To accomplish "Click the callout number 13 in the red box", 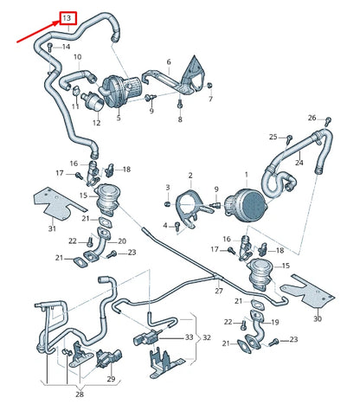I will click(67, 17).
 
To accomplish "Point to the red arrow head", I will click(55, 22).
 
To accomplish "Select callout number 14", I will click(67, 48).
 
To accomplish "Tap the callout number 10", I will click(78, 58).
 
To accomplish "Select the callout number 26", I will click(312, 117).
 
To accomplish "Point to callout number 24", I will click(299, 161).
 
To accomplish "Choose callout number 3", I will click(168, 187).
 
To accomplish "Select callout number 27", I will click(218, 292).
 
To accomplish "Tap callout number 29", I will click(111, 379).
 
